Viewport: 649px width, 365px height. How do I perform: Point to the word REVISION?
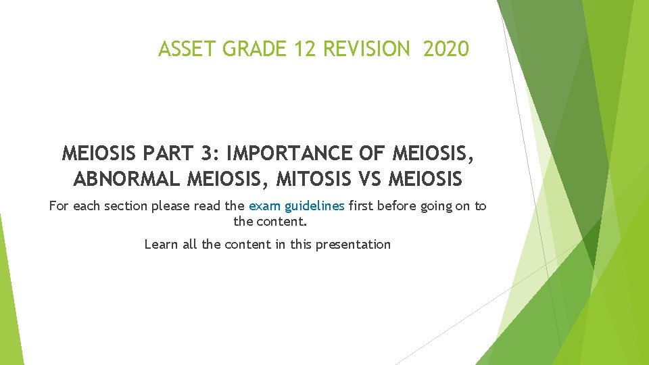[x=366, y=49]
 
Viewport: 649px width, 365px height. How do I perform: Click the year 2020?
[x=446, y=49]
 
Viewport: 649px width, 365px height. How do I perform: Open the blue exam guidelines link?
[x=297, y=206]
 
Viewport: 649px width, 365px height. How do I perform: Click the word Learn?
[x=162, y=245]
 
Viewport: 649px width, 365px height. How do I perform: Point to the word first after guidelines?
[x=362, y=206]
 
